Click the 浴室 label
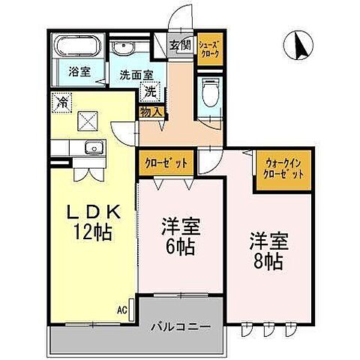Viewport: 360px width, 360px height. (x=79, y=72)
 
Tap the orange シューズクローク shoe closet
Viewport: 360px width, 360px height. (x=208, y=49)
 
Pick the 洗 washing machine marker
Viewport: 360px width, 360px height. (x=150, y=94)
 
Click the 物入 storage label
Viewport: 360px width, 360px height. (x=150, y=112)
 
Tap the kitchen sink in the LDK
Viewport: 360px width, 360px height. (x=93, y=145)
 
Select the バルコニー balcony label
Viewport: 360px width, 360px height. (x=178, y=328)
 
